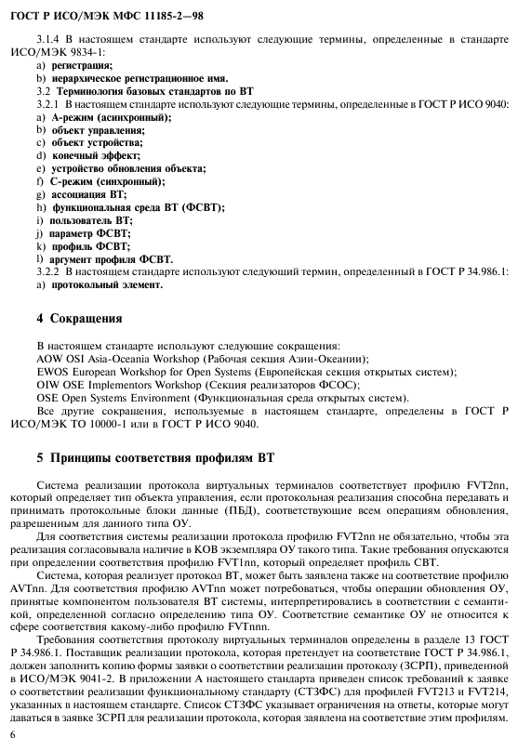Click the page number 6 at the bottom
tap(37, 735)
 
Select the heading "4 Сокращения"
tap(78, 319)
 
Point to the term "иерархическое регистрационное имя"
tap(126, 81)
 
